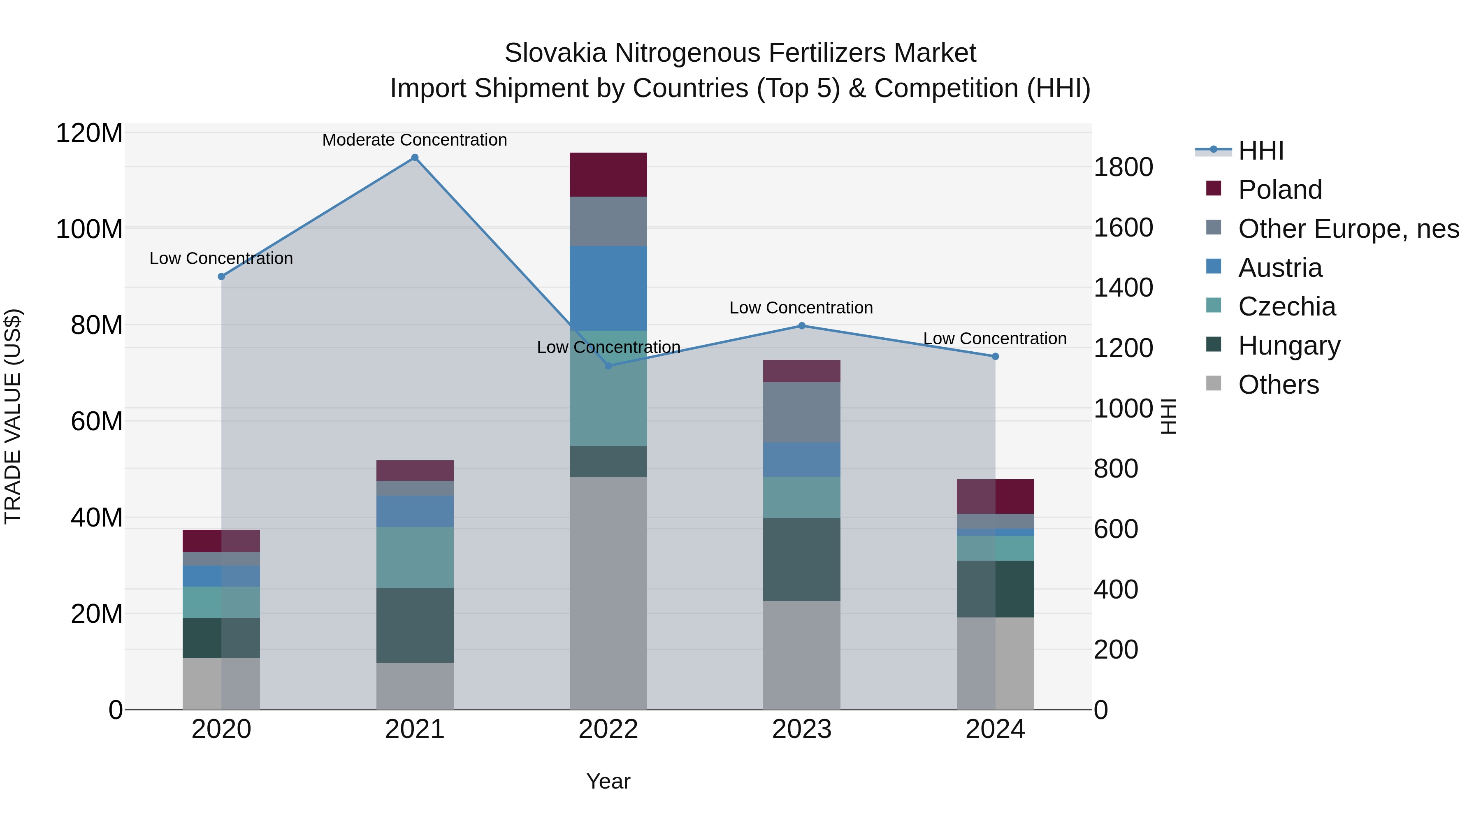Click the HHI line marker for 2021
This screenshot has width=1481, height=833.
[415, 158]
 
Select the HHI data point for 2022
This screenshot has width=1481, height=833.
[608, 366]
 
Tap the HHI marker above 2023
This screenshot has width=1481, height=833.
[801, 326]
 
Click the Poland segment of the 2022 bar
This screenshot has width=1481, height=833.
[608, 175]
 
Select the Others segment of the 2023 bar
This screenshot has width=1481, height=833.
[801, 655]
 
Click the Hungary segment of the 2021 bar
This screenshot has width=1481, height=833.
[415, 625]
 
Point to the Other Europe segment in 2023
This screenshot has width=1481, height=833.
[801, 412]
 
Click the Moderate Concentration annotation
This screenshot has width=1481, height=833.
[415, 140]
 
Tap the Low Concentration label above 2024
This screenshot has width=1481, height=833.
[995, 339]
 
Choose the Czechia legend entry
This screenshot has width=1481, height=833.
[1287, 306]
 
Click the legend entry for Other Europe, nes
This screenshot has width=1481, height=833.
[1348, 229]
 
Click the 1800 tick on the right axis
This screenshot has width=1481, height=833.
[1123, 167]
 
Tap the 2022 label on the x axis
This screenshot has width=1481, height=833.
[608, 729]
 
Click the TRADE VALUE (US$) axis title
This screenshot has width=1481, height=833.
[13, 416]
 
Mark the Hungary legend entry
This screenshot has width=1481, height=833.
[1289, 346]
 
